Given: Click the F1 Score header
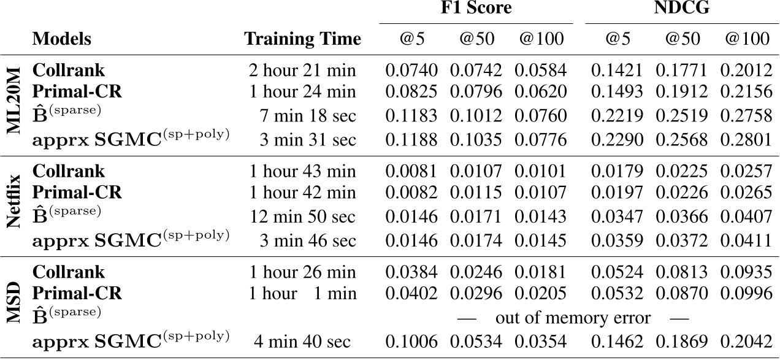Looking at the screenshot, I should click(x=476, y=8).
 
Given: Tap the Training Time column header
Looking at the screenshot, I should click(x=302, y=39).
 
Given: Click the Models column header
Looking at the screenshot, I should click(x=61, y=39).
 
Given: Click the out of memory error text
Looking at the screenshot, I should click(x=573, y=318).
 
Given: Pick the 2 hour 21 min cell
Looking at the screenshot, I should click(x=302, y=71).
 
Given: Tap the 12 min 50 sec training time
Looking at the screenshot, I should click(x=302, y=216).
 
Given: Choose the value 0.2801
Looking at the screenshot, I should click(x=745, y=139).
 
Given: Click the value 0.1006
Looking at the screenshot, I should click(x=411, y=342).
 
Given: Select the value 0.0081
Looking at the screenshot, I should click(x=411, y=171).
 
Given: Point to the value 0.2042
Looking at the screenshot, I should click(x=745, y=342).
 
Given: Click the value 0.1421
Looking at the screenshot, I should click(x=616, y=71).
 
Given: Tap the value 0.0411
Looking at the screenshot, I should click(x=745, y=240).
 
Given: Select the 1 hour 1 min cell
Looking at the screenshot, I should click(x=302, y=293).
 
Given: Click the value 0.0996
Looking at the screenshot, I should click(x=745, y=293).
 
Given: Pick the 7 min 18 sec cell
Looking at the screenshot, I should click(x=307, y=115).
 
